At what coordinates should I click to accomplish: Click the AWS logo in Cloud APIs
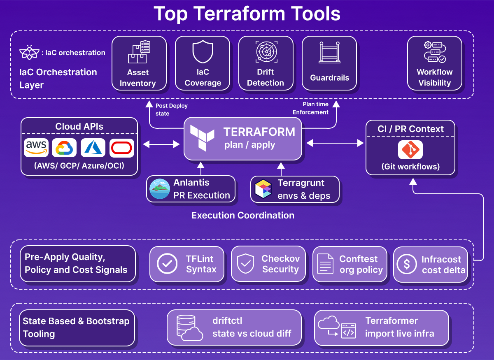(36, 148)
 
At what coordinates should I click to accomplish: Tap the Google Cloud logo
(64, 148)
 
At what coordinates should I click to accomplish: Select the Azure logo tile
(93, 148)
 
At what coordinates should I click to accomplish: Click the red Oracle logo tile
(122, 148)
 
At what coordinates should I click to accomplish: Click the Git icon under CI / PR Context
(410, 150)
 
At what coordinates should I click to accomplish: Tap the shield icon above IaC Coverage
(203, 52)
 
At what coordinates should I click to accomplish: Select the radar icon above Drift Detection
(266, 52)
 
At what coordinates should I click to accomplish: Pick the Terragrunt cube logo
(263, 189)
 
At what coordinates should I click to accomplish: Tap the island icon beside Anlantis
(160, 189)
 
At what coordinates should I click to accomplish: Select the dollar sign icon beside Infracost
(407, 265)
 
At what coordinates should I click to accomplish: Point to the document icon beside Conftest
(325, 265)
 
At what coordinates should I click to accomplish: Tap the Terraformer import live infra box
(381, 327)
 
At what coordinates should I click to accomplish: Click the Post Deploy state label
(171, 109)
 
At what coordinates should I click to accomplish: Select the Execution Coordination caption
(243, 215)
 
